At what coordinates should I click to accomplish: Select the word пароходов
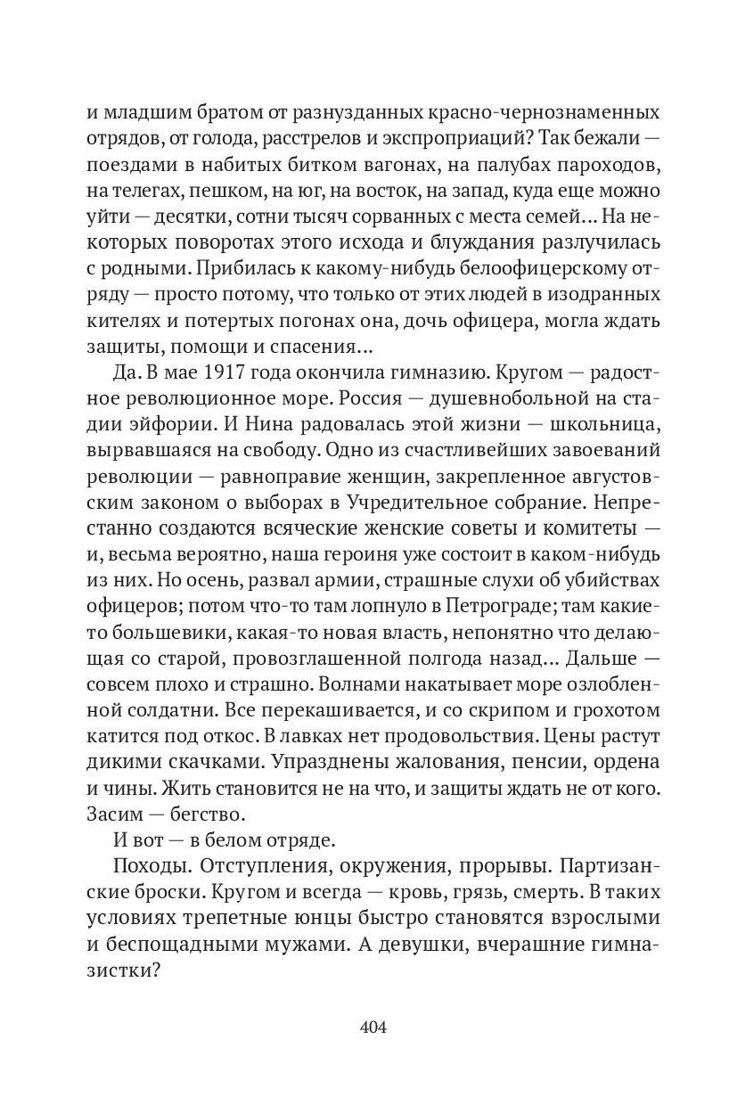click(x=601, y=166)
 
